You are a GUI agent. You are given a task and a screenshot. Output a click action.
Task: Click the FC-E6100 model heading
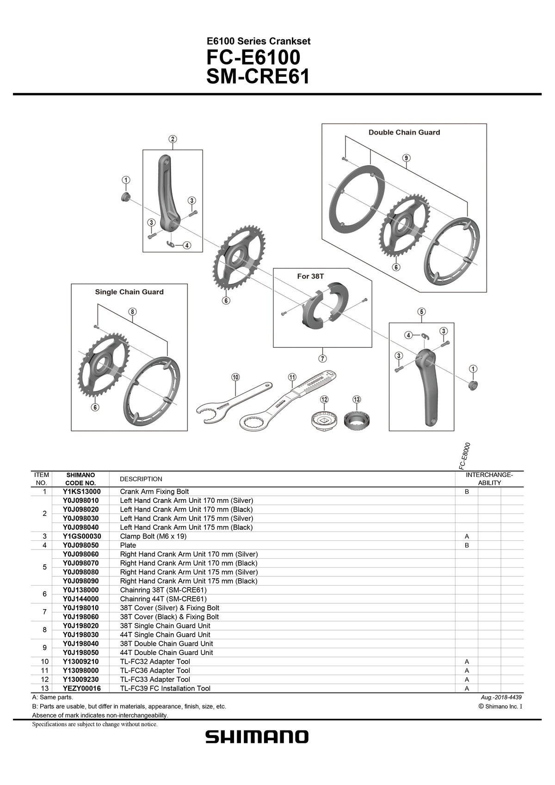(x=253, y=58)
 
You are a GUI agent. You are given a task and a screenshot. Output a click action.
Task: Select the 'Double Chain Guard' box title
(x=404, y=132)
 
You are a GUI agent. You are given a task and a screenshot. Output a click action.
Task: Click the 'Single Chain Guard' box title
(x=129, y=292)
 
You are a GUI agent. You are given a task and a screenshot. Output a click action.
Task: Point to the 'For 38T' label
(x=310, y=276)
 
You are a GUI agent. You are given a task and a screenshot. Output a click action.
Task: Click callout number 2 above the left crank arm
(x=172, y=139)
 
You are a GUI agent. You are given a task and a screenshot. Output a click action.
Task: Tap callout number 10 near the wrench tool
(x=235, y=377)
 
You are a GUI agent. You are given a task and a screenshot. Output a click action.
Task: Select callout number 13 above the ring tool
(x=356, y=399)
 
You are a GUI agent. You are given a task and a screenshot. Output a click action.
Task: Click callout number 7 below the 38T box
(x=322, y=358)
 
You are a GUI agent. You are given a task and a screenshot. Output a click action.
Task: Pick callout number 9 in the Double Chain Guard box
(x=406, y=158)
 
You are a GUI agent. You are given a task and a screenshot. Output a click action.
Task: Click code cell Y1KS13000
(x=81, y=492)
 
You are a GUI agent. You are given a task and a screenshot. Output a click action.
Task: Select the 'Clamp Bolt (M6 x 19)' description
(x=153, y=536)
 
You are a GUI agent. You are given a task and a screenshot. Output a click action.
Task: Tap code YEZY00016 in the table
(x=81, y=688)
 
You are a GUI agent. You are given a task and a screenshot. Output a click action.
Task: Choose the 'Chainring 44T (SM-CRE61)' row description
(x=163, y=599)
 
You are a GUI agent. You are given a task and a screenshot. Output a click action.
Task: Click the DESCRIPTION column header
(x=141, y=479)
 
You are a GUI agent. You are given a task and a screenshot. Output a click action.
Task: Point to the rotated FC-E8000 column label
(x=465, y=456)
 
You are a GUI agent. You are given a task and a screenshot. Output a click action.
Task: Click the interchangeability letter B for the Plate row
(x=467, y=545)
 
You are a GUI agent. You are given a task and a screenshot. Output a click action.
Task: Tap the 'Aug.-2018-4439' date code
(x=501, y=697)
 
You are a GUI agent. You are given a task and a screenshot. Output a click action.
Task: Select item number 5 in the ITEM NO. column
(x=44, y=567)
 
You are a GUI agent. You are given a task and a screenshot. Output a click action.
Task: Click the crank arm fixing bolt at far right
(x=472, y=385)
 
